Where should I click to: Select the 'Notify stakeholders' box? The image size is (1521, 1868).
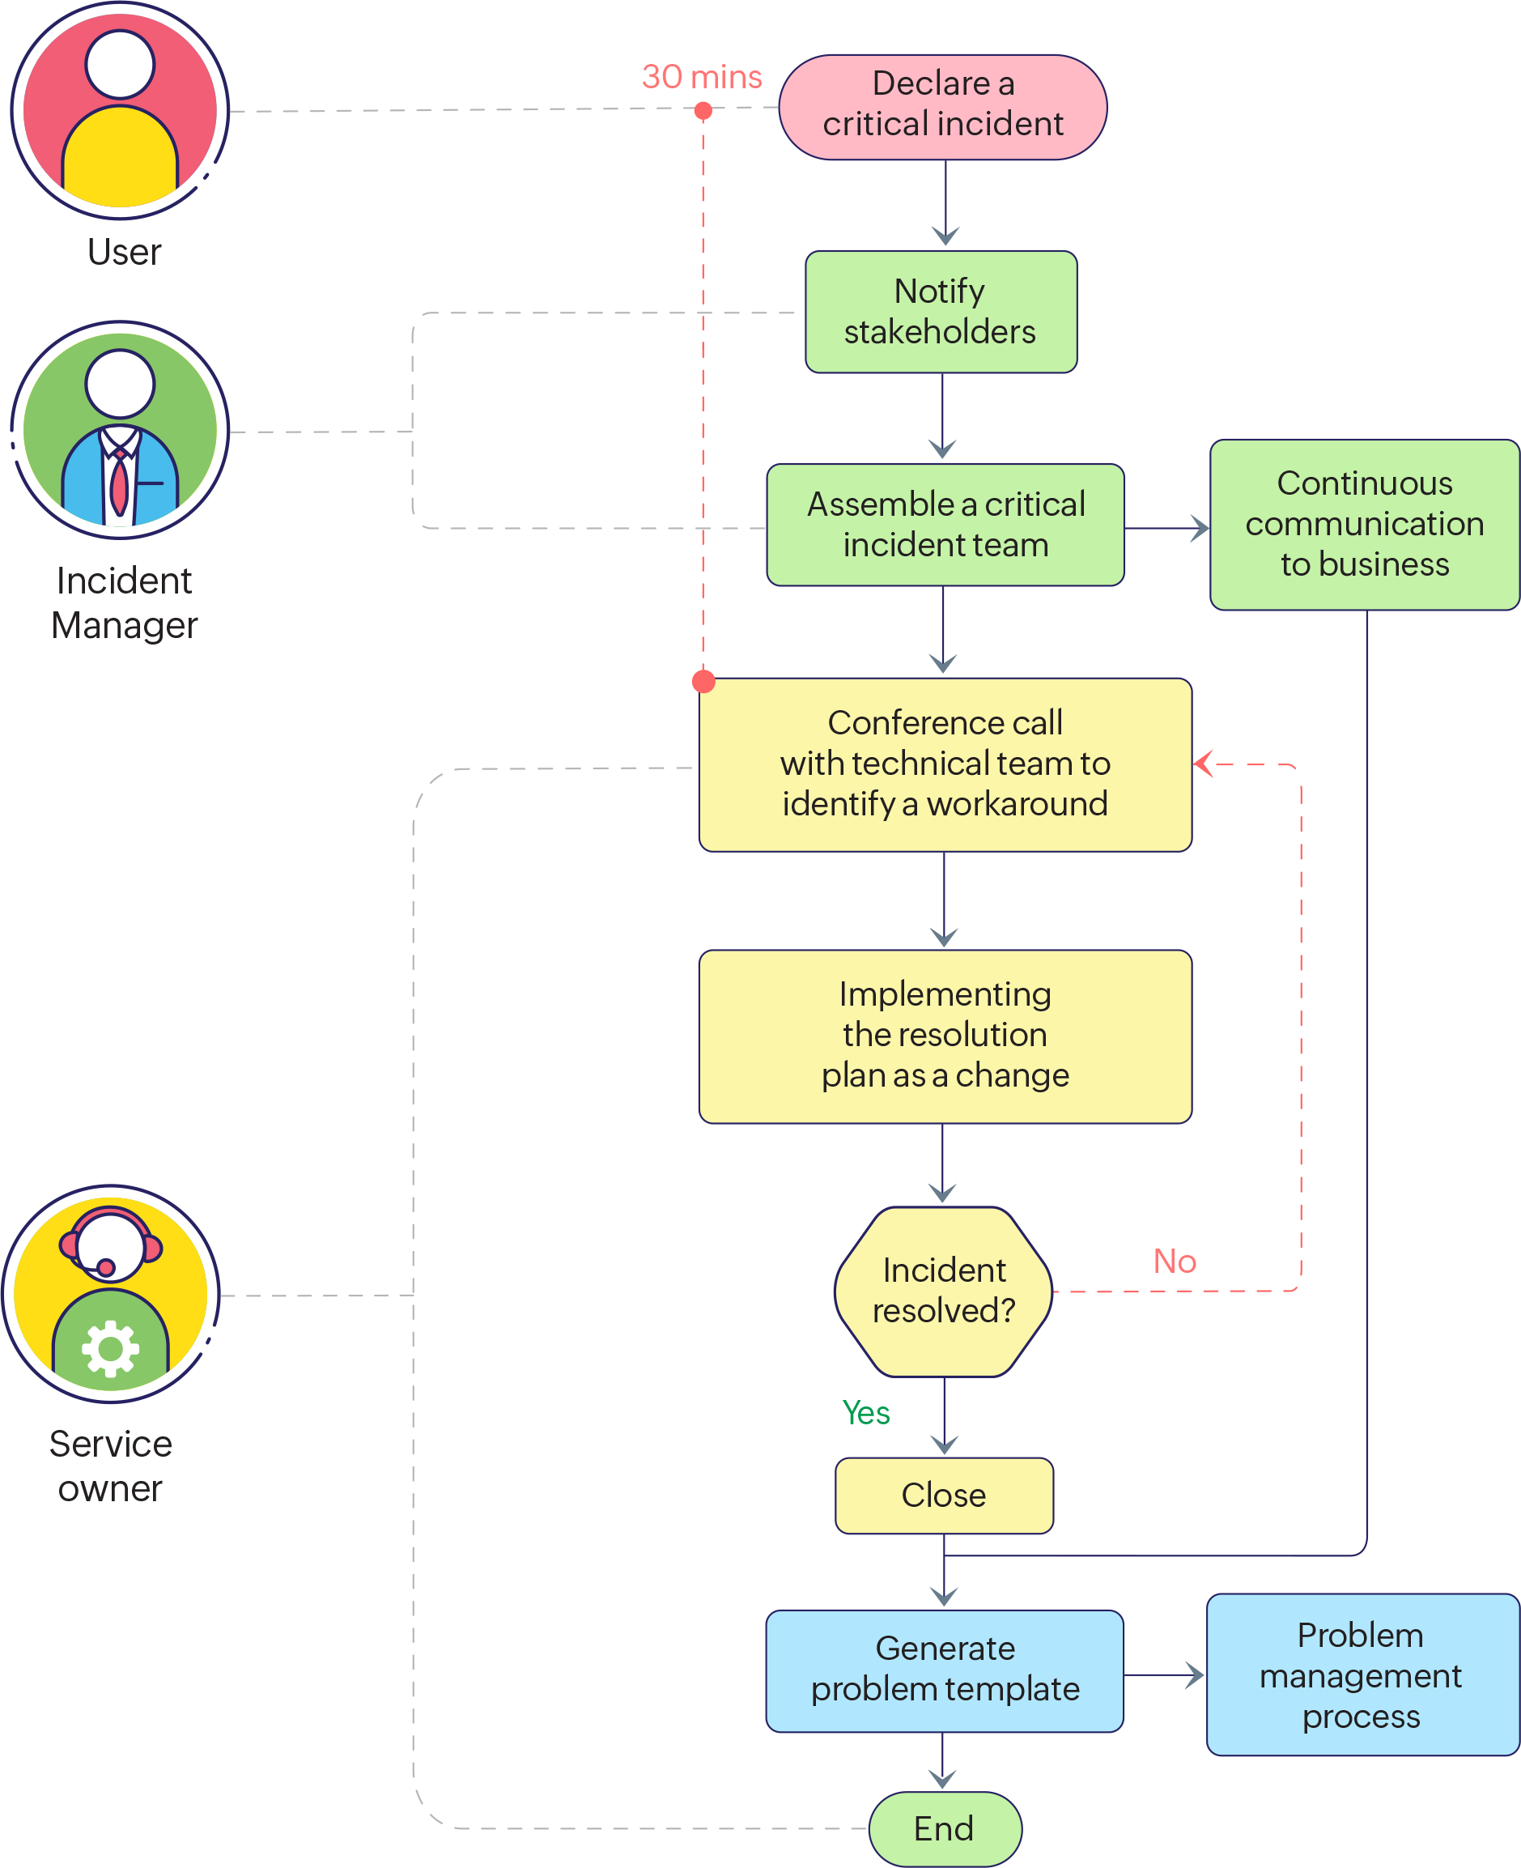pyautogui.click(x=941, y=312)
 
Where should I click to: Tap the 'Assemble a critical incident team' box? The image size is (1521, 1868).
pyautogui.click(x=945, y=525)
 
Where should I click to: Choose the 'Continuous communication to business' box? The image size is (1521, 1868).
pyautogui.click(x=1364, y=524)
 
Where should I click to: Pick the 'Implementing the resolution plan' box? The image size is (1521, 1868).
pyautogui.click(x=945, y=1036)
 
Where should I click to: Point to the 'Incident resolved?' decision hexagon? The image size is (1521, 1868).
pyautogui.click(x=944, y=1291)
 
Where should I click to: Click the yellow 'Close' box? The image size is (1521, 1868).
pyautogui.click(x=944, y=1496)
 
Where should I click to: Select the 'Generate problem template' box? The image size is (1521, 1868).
pyautogui.click(x=945, y=1670)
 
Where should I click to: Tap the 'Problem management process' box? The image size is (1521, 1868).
pyautogui.click(x=1361, y=1675)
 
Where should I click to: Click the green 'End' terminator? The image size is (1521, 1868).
pyautogui.click(x=945, y=1828)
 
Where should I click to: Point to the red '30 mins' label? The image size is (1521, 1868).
pyautogui.click(x=702, y=77)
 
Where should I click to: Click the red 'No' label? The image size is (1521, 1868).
pyautogui.click(x=1174, y=1262)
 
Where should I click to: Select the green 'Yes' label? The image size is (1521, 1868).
pyautogui.click(x=865, y=1413)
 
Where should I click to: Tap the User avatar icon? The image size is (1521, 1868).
pyautogui.click(x=120, y=111)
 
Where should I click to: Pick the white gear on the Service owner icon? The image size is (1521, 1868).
pyautogui.click(x=110, y=1348)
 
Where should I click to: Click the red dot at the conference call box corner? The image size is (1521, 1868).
pyautogui.click(x=703, y=681)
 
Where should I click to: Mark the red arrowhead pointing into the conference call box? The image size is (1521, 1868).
pyautogui.click(x=1204, y=763)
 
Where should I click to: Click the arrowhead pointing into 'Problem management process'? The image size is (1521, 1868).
pyautogui.click(x=1196, y=1675)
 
